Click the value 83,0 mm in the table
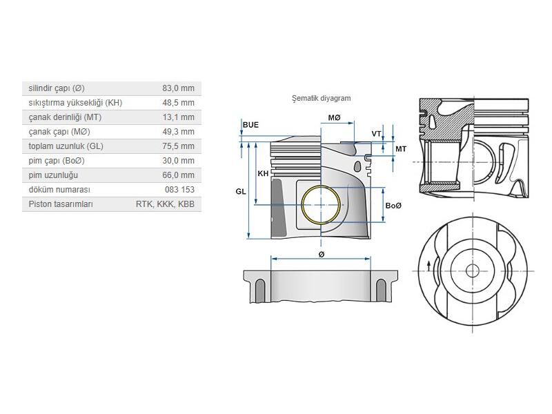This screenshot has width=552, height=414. coord(178,88)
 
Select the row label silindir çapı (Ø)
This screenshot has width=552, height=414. coord(57,88)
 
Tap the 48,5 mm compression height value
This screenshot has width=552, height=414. coord(178,103)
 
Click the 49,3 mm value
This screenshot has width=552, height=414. coord(178,132)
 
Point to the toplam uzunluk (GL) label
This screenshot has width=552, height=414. coord(66,146)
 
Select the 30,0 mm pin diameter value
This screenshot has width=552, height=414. coord(178,161)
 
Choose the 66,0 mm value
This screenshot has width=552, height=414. coord(178,175)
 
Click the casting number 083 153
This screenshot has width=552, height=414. coord(179,190)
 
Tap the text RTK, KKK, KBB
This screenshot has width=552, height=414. coord(165,204)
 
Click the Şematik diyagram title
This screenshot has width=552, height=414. coord(321,98)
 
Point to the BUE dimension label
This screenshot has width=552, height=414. coord(250,125)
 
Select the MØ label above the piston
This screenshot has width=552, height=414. coord(334,118)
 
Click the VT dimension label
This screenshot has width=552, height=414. coord(377,133)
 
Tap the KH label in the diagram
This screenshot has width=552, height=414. coord(263,173)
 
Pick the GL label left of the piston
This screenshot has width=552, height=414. coord(240,191)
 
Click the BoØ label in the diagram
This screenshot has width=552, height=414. coord(393,206)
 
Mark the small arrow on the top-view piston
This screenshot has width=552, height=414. coord(429,266)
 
